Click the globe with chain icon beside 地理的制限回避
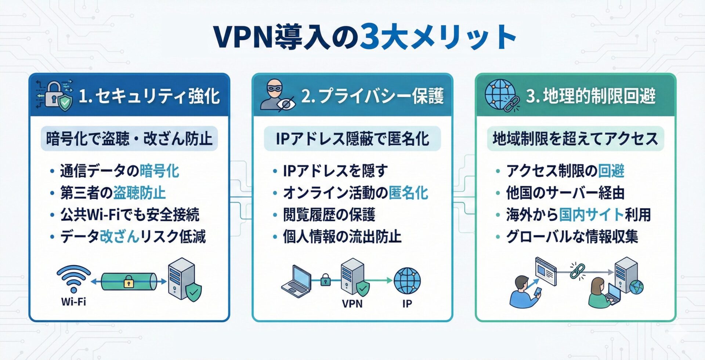[501, 95]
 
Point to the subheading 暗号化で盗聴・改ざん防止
[129, 139]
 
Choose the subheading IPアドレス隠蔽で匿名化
[352, 139]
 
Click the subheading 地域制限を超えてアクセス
[575, 139]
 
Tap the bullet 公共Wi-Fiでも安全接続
[130, 215]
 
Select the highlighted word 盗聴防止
[140, 193]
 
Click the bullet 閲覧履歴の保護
[329, 215]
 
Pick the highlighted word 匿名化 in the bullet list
[408, 193]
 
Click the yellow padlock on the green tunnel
[129, 282]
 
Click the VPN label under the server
[352, 303]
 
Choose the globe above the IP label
[407, 281]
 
